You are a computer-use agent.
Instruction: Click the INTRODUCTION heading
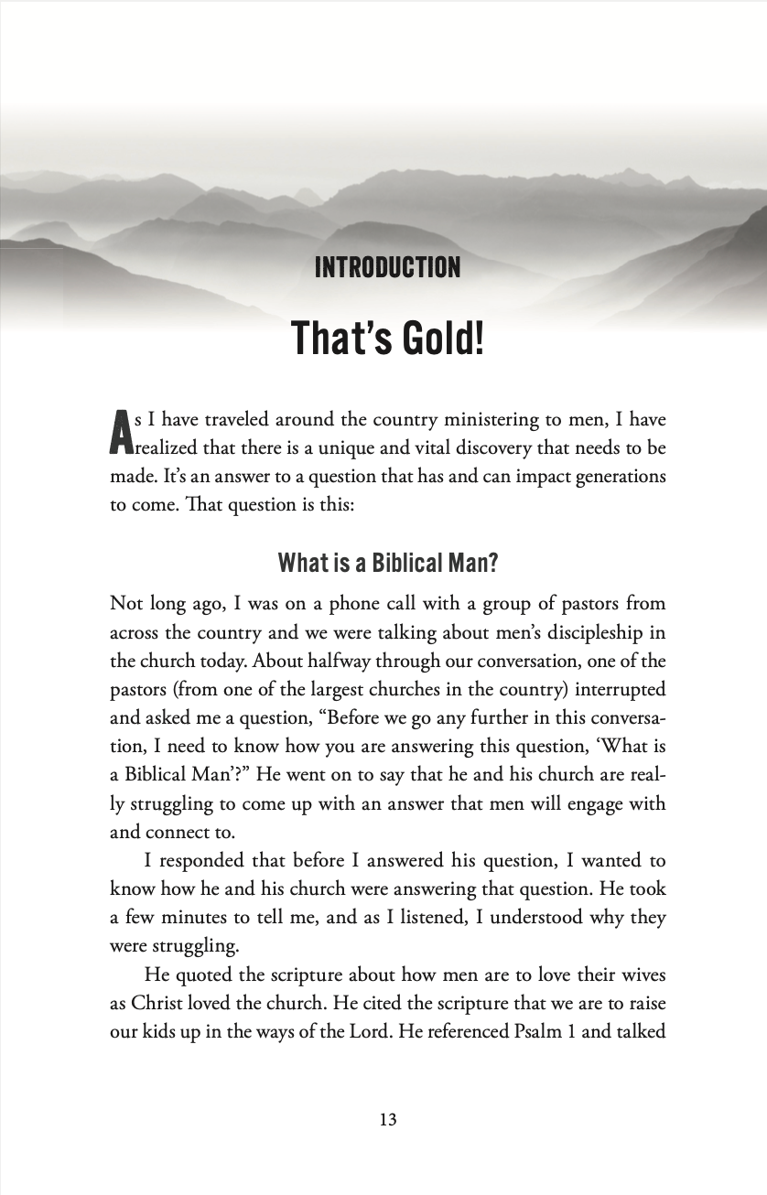point(387,268)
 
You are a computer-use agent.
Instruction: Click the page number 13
point(387,1119)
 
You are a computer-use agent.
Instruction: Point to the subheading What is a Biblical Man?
point(387,562)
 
